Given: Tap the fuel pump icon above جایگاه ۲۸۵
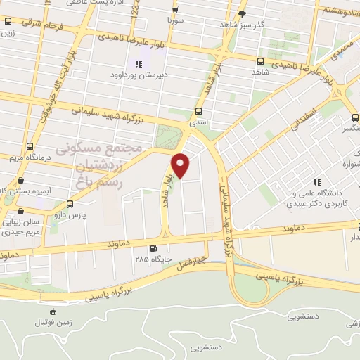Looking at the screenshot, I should click(x=153, y=247).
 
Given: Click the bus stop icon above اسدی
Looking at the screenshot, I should click(x=198, y=111).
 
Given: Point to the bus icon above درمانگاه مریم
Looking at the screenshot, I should click(x=29, y=147).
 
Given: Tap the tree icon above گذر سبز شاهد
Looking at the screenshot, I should click(x=243, y=13).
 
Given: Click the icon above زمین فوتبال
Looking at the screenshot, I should click(x=53, y=311).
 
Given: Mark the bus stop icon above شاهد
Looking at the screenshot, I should click(x=261, y=61).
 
